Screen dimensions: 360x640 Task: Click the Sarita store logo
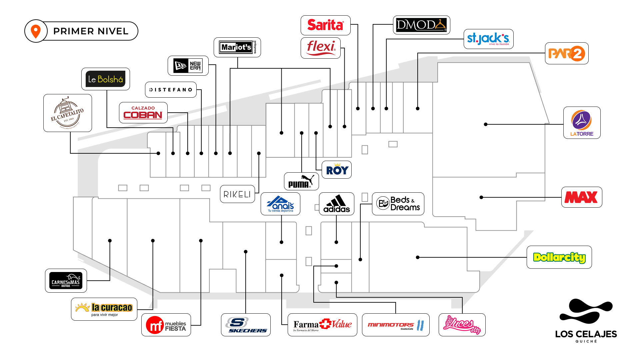click(x=325, y=25)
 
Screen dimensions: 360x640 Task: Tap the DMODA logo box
click(x=421, y=25)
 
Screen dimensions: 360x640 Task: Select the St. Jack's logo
click(x=488, y=39)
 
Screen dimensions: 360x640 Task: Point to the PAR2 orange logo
click(x=567, y=53)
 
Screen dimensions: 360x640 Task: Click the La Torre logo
click(x=582, y=123)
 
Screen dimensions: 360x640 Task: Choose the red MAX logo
click(x=581, y=197)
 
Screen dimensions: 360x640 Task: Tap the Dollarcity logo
click(x=559, y=257)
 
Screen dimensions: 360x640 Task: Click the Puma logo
click(x=301, y=182)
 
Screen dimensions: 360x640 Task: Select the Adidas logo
click(x=336, y=204)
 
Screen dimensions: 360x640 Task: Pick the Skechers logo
click(x=246, y=325)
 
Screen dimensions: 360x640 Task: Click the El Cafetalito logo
click(x=68, y=113)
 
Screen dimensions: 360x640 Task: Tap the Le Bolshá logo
click(x=105, y=79)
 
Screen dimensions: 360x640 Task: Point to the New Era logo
click(x=188, y=66)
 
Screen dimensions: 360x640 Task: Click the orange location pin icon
click(x=36, y=31)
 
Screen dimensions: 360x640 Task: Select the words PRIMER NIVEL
click(x=91, y=31)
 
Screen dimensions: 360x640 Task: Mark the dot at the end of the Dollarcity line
click(x=418, y=257)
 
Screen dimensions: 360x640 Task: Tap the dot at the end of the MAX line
click(x=481, y=197)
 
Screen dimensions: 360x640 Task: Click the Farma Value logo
click(x=322, y=325)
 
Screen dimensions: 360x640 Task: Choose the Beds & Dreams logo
click(x=398, y=204)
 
